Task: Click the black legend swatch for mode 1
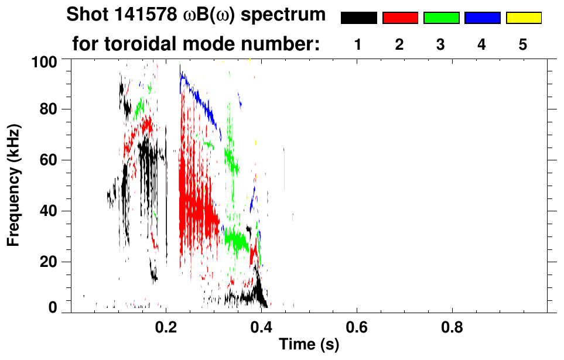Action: (x=359, y=18)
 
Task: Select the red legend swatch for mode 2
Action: (x=400, y=18)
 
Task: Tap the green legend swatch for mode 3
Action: (x=441, y=18)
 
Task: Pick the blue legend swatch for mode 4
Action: (x=482, y=18)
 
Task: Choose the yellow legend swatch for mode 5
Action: (x=523, y=18)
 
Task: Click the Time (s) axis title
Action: (x=308, y=345)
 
